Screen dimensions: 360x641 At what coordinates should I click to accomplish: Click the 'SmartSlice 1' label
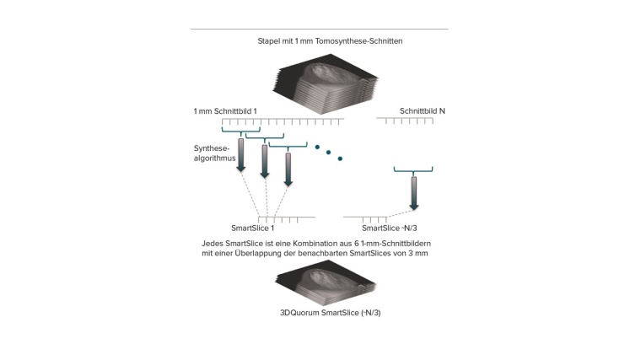[x=252, y=228]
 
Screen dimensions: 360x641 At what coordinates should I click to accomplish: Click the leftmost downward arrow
[x=241, y=154]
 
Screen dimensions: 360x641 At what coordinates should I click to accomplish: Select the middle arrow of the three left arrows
[x=265, y=160]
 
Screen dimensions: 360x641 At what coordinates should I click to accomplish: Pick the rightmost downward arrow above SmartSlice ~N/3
[x=413, y=193]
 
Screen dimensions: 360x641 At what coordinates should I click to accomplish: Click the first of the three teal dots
[x=317, y=147]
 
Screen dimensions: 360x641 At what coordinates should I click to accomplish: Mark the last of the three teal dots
[x=341, y=159]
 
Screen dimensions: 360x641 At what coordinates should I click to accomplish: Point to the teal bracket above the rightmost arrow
[x=413, y=170]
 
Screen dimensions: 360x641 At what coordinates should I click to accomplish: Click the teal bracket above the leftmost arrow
[x=241, y=132]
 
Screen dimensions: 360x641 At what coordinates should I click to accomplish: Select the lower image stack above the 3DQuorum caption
[x=324, y=284]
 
